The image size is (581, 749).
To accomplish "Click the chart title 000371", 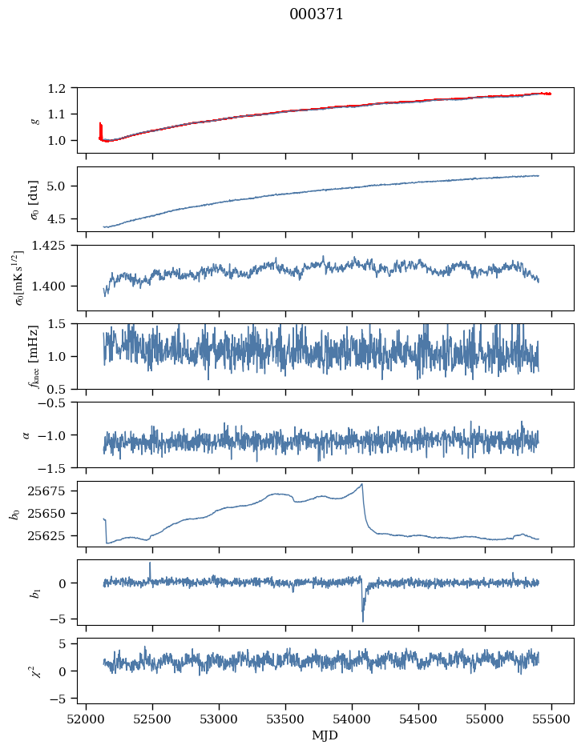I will (x=317, y=14).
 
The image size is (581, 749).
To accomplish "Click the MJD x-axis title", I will (x=325, y=735).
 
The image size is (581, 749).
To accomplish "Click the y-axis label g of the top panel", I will (x=34, y=120).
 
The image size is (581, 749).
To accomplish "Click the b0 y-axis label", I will (x=14, y=513).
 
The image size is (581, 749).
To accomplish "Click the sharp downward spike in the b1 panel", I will (x=363, y=620).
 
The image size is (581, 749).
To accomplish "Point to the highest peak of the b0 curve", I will (x=362, y=484).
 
